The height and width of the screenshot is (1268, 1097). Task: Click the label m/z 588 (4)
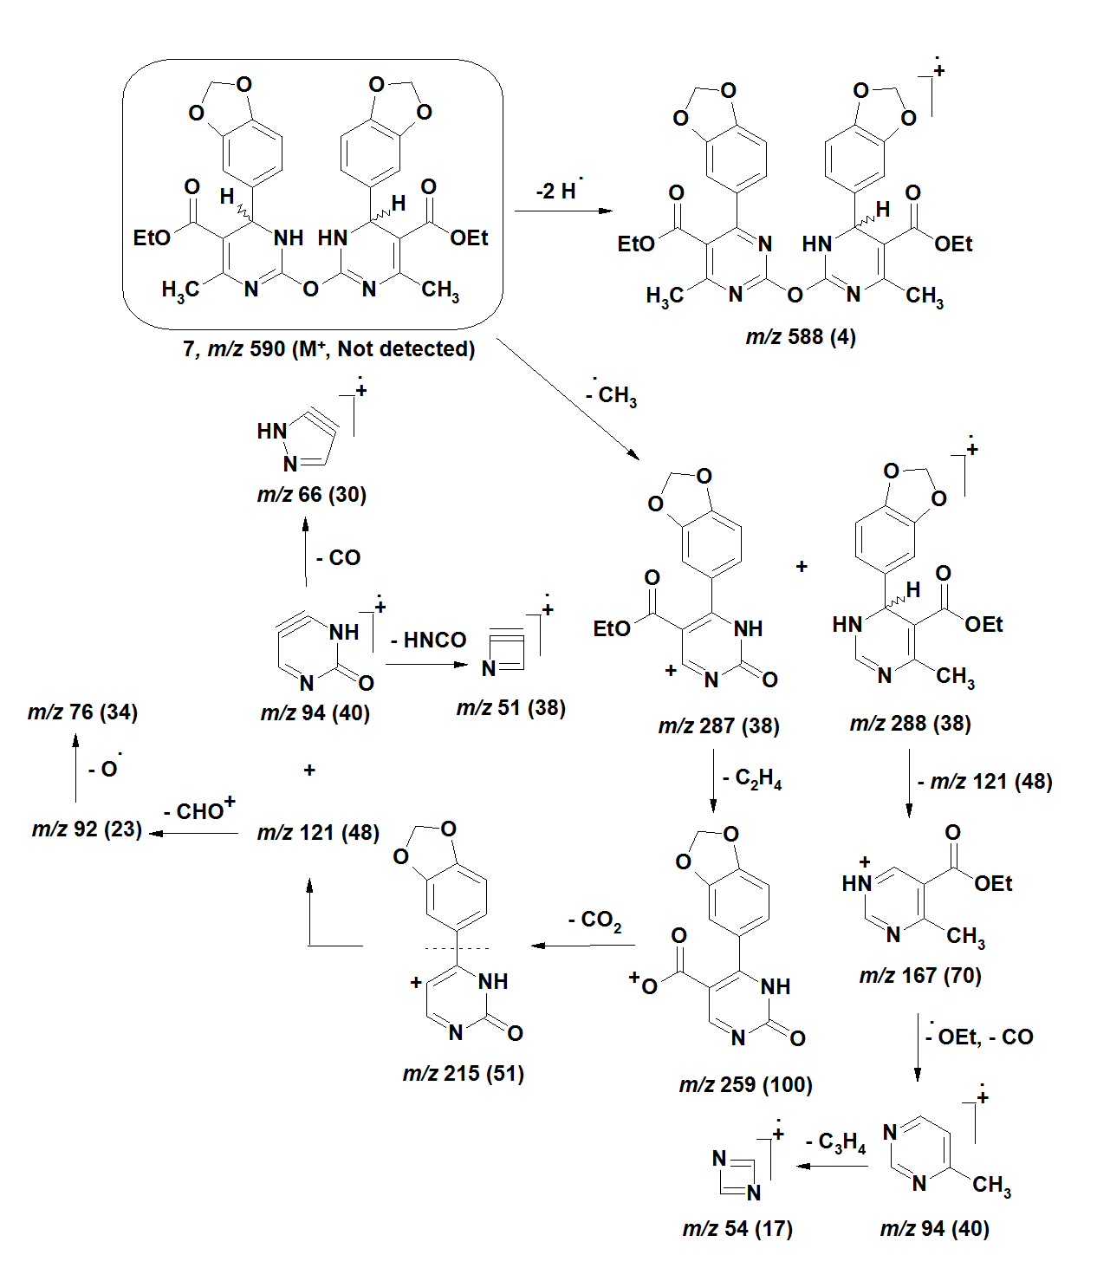coord(801,337)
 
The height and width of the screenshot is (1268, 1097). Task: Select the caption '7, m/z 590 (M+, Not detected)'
coord(328,349)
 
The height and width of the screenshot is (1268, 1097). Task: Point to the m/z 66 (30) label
coord(312,495)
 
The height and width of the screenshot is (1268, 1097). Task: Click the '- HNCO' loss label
coord(428,641)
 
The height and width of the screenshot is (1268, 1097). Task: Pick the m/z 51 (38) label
coord(511,708)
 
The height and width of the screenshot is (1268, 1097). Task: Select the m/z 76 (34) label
coord(83,712)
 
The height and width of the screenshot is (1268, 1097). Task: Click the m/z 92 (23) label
coord(87,829)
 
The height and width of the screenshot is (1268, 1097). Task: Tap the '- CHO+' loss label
coord(199,810)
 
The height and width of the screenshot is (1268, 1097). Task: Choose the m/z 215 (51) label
coord(464,1074)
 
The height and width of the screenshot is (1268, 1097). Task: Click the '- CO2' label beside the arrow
coord(595,920)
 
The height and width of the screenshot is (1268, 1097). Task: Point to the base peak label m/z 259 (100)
coord(746,1085)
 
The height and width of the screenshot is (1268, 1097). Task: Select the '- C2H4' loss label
coord(752,779)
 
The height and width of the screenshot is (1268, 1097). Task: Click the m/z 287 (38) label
coord(719,726)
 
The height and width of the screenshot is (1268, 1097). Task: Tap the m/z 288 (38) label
coord(911,724)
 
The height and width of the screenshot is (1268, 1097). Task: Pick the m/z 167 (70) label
coord(920,977)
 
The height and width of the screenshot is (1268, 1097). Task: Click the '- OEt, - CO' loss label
coord(979,1037)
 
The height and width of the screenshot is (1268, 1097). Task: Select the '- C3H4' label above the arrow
coord(835,1143)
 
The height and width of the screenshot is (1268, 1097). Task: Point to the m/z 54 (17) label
coord(737,1229)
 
